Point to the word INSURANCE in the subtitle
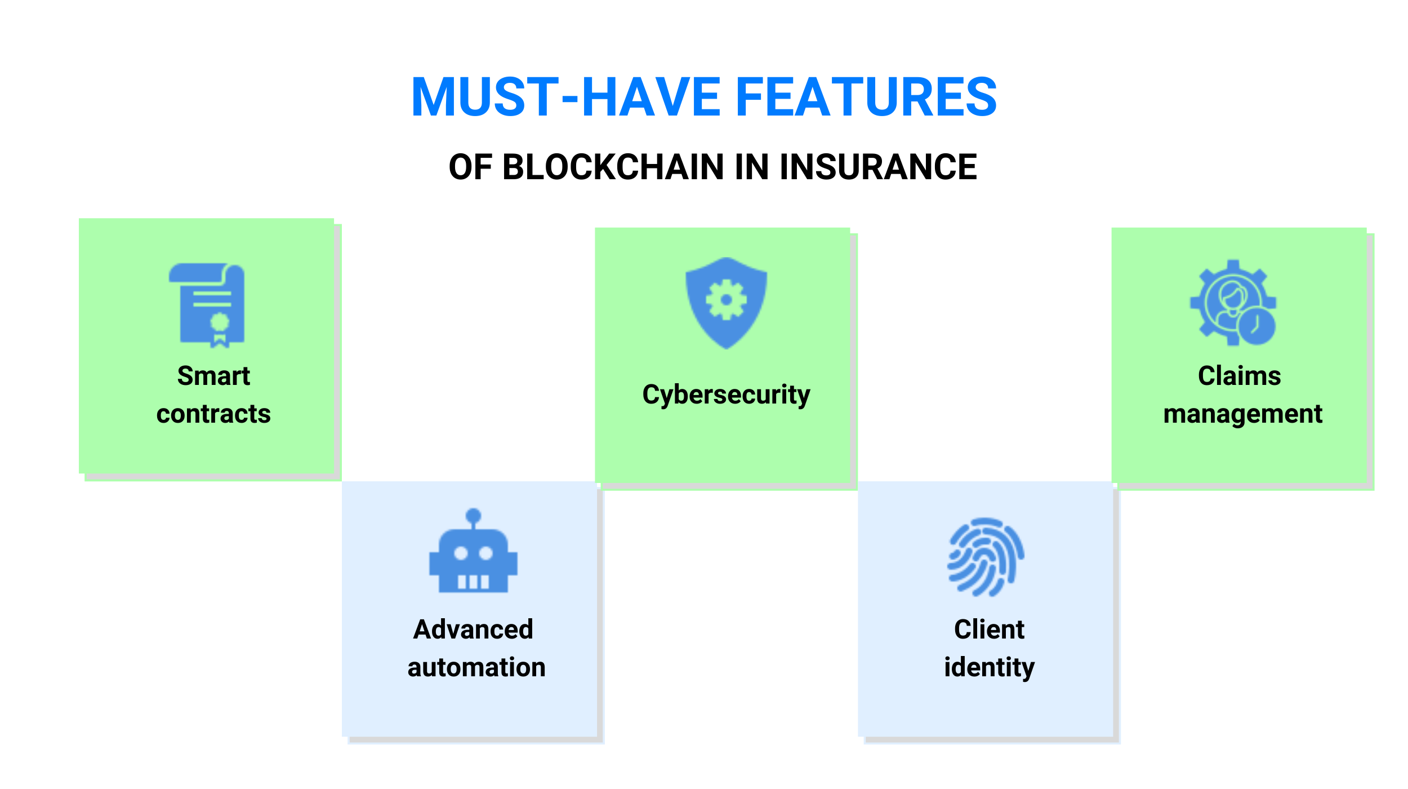point(878,167)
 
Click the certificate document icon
point(207,305)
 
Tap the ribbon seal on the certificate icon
point(220,330)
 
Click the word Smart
point(213,376)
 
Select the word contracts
point(213,414)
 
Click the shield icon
point(726,303)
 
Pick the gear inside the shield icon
point(727,300)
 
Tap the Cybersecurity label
point(726,394)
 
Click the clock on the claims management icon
point(1256,326)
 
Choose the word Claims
point(1240,376)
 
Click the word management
point(1243,414)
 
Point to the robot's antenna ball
point(474,516)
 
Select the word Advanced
point(473,630)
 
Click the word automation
point(476,667)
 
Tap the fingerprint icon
point(986,557)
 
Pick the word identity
point(990,668)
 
